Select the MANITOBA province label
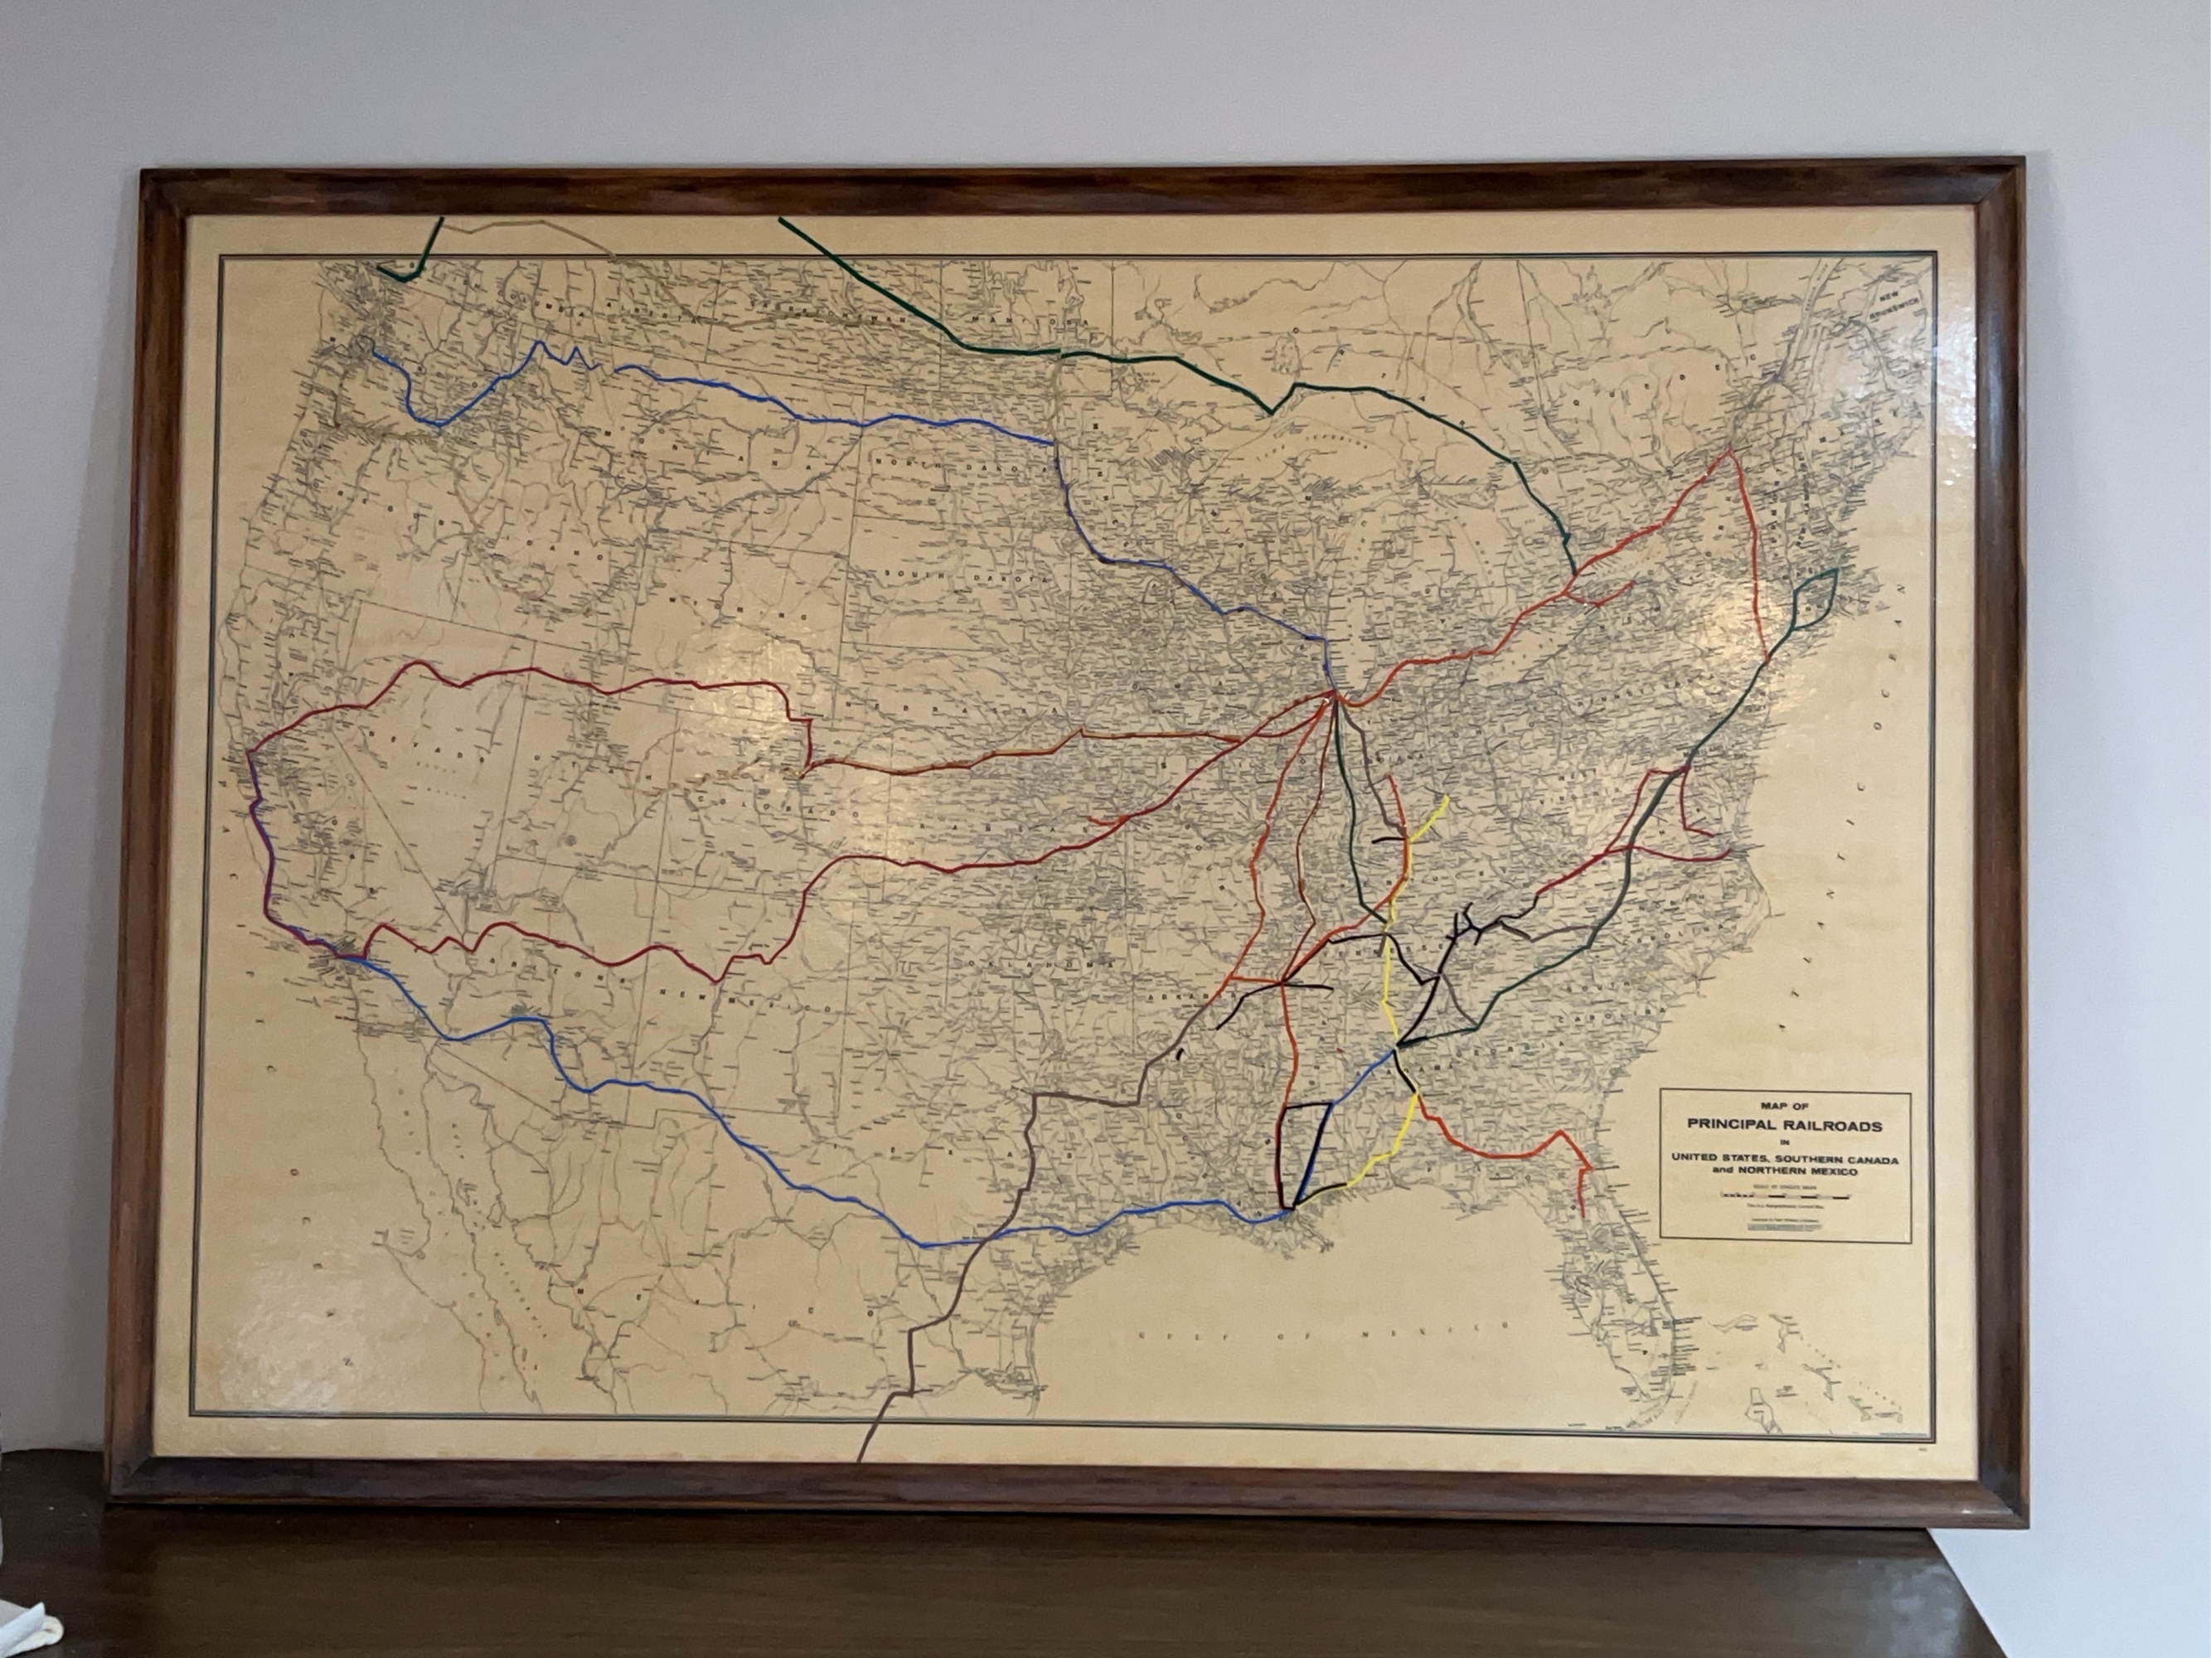tap(1000, 322)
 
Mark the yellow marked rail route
tap(1389, 989)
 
